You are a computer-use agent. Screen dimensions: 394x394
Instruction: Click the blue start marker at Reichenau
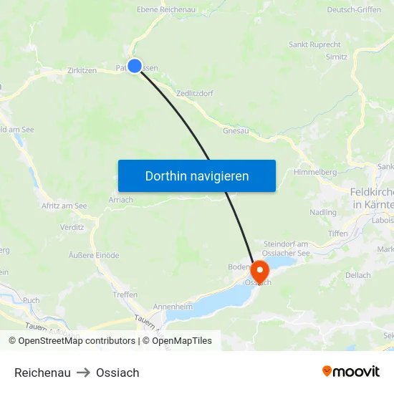(x=134, y=66)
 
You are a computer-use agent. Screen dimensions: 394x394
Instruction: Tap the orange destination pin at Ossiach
(x=259, y=272)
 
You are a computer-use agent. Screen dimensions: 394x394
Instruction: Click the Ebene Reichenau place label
(x=166, y=10)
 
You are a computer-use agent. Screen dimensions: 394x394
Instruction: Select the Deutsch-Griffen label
(x=355, y=10)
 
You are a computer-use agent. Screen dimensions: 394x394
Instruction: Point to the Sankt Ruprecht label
(x=314, y=44)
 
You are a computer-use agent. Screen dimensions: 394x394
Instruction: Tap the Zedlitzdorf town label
(x=193, y=93)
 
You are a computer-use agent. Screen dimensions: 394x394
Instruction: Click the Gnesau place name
(x=236, y=131)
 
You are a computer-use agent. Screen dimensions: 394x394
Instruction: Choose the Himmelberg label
(x=315, y=173)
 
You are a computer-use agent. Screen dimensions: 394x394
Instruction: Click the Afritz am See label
(x=64, y=206)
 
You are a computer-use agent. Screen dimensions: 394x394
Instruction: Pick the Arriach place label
(x=121, y=200)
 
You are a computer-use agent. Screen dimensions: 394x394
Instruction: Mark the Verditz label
(x=72, y=227)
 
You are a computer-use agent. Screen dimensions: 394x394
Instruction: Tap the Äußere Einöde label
(x=94, y=255)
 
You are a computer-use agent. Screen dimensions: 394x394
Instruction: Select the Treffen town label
(x=125, y=294)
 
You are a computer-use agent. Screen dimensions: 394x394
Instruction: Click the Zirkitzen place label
(x=81, y=71)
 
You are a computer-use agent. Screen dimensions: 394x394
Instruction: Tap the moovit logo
(x=351, y=372)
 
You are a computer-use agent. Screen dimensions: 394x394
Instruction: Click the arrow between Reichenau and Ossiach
(x=83, y=373)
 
